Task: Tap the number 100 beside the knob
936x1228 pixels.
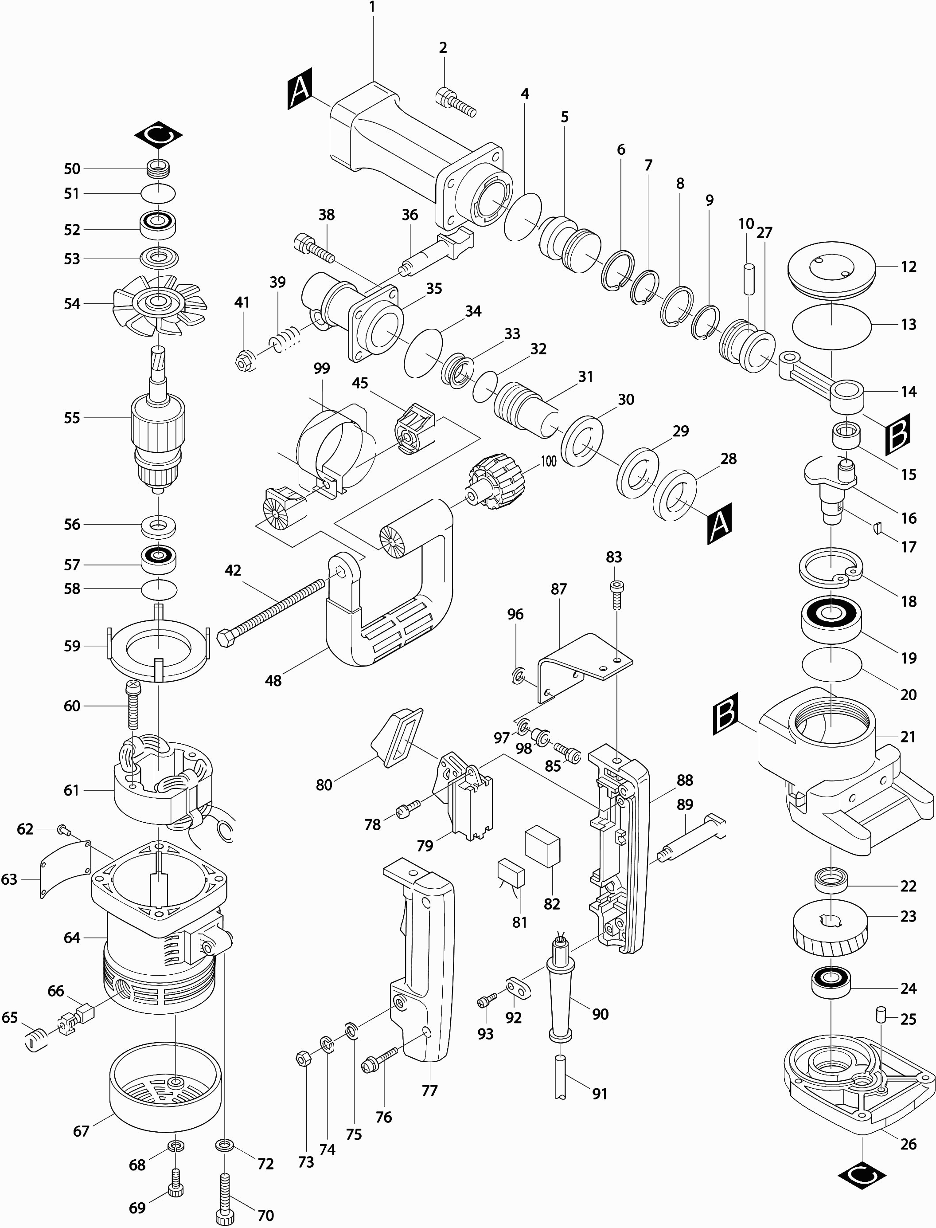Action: click(548, 461)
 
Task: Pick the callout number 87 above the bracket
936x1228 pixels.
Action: click(558, 589)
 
